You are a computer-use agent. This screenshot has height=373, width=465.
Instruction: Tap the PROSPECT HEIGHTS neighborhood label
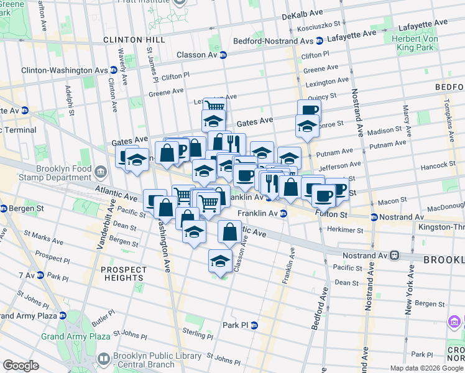(x=124, y=274)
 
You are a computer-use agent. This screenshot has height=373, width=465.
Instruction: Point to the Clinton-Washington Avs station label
(x=65, y=70)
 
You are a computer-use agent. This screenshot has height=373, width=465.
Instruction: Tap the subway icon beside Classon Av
(x=223, y=55)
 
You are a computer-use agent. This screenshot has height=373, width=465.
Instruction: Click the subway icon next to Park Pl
(x=254, y=325)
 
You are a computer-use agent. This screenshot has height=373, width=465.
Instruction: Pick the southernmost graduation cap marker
(x=219, y=261)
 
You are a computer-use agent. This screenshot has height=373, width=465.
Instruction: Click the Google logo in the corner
(x=21, y=366)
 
